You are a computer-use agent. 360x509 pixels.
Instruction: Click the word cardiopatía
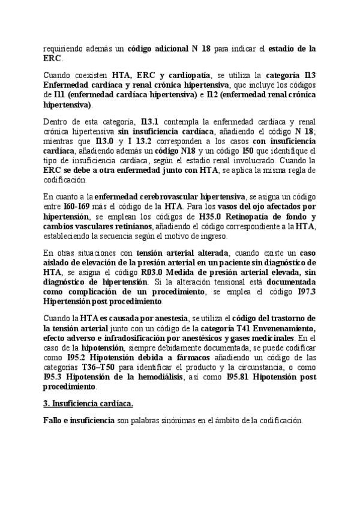pos(184,74)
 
